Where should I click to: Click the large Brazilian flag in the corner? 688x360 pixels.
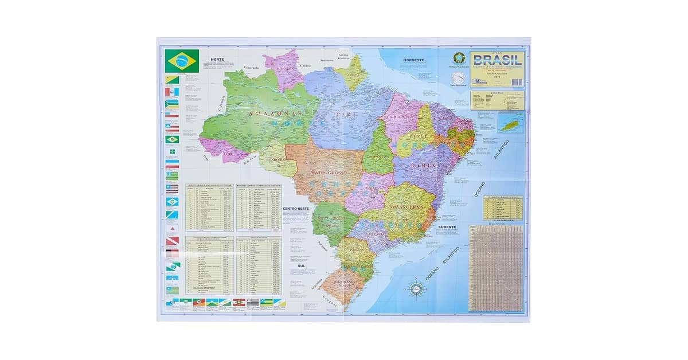click(x=182, y=61)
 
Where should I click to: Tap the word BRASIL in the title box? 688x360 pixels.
click(x=497, y=60)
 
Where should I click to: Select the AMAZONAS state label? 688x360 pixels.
click(x=269, y=114)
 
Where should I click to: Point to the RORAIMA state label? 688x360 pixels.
click(x=286, y=69)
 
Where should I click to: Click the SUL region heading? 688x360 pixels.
click(x=302, y=267)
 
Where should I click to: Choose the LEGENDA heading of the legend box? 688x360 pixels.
click(x=497, y=92)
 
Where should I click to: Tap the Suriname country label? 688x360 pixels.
click(x=327, y=60)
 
